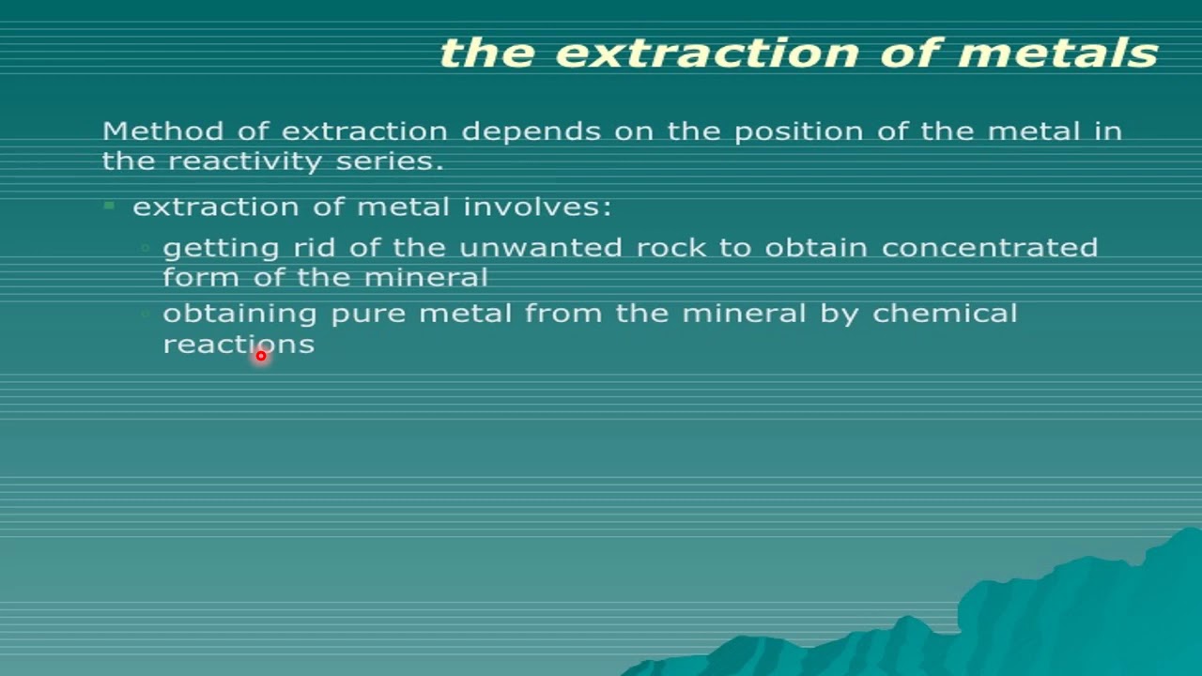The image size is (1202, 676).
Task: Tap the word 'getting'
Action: (x=208, y=249)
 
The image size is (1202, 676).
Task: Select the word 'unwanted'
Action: (x=540, y=248)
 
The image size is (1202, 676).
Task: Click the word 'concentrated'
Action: (x=990, y=248)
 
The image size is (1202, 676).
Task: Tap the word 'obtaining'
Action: (x=240, y=315)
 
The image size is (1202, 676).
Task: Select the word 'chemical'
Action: (x=945, y=313)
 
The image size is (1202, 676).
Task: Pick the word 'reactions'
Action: (x=239, y=344)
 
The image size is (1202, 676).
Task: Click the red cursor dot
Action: (x=261, y=356)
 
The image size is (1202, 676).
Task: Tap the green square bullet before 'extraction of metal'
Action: (x=110, y=205)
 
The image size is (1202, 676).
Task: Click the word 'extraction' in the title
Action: (x=707, y=53)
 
